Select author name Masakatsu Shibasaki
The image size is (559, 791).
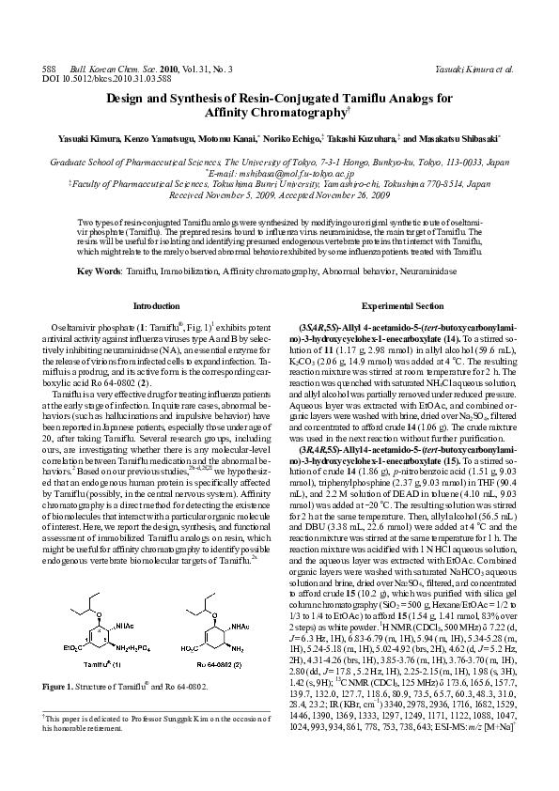click(x=464, y=137)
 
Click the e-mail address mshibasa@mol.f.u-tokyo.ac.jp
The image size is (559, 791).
click(x=281, y=173)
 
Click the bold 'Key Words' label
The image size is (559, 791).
click(x=98, y=271)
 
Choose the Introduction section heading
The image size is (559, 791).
click(x=157, y=306)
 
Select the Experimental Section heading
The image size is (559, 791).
click(x=402, y=306)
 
